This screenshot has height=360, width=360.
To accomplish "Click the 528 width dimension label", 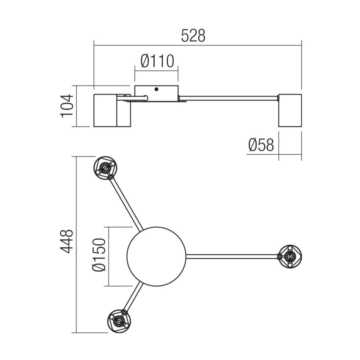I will pyautogui.click(x=193, y=36).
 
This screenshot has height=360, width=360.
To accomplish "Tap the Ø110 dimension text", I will pyautogui.click(x=157, y=62).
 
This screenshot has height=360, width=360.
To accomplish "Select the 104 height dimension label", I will pyautogui.click(x=67, y=106).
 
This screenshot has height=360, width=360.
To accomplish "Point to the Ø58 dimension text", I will pyautogui.click(x=261, y=145).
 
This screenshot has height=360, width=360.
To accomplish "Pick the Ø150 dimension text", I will pyautogui.click(x=99, y=256).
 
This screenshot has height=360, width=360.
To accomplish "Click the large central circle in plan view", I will pyautogui.click(x=156, y=256).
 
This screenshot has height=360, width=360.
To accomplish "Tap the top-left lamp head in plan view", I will pyautogui.click(x=105, y=168).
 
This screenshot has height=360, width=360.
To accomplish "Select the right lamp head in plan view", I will pyautogui.click(x=290, y=256).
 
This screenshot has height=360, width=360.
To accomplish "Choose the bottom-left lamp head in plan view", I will pyautogui.click(x=119, y=320).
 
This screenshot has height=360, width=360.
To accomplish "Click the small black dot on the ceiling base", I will pyautogui.click(x=156, y=89).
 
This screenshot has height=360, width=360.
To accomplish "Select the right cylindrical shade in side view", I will pyautogui.click(x=289, y=110).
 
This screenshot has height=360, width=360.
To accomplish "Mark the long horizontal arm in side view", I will pyautogui.click(x=228, y=98).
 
